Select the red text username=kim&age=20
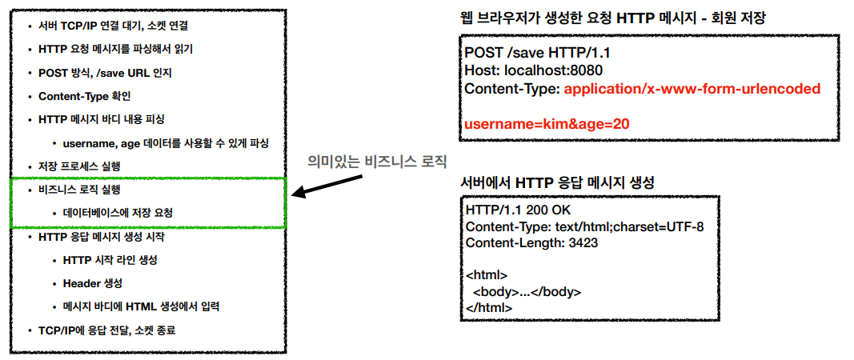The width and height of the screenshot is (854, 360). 546,123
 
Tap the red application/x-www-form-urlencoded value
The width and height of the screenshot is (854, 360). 692,88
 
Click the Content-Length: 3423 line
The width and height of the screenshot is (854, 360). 531,243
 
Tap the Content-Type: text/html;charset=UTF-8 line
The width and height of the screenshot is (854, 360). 584,226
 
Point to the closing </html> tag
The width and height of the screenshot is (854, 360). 488,307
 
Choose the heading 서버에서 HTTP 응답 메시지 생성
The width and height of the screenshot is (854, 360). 558,183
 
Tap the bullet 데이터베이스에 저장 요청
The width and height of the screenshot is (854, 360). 118,213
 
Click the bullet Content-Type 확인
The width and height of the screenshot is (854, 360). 84,96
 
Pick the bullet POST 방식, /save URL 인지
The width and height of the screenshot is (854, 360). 105,73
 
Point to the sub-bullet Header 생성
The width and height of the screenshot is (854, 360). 93,283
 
